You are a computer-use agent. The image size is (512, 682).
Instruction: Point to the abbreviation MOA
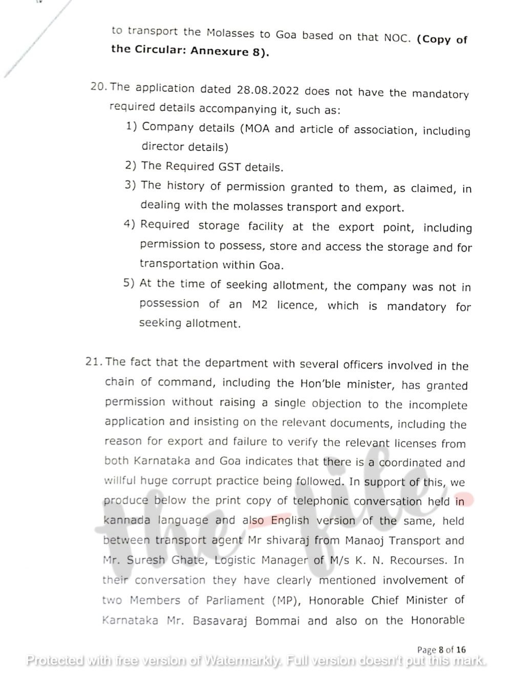[257, 128]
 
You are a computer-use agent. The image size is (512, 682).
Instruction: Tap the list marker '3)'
[130, 185]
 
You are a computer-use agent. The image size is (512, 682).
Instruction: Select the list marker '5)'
[129, 283]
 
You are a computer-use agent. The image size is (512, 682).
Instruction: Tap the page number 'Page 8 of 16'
[441, 650]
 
